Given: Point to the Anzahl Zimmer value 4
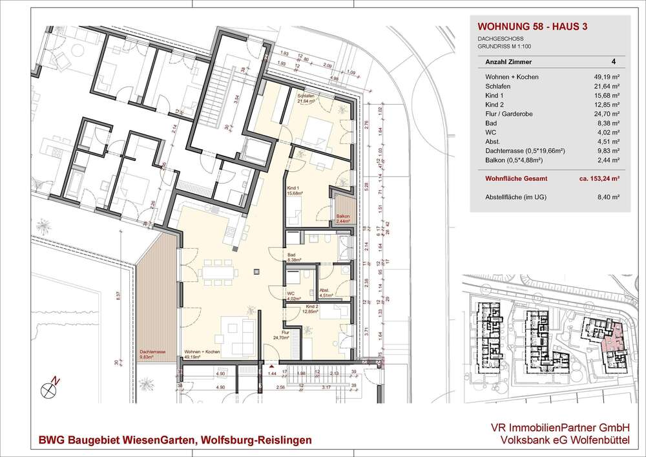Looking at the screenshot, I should tap(613, 63).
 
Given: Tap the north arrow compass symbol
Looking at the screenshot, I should tap(49, 389).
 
